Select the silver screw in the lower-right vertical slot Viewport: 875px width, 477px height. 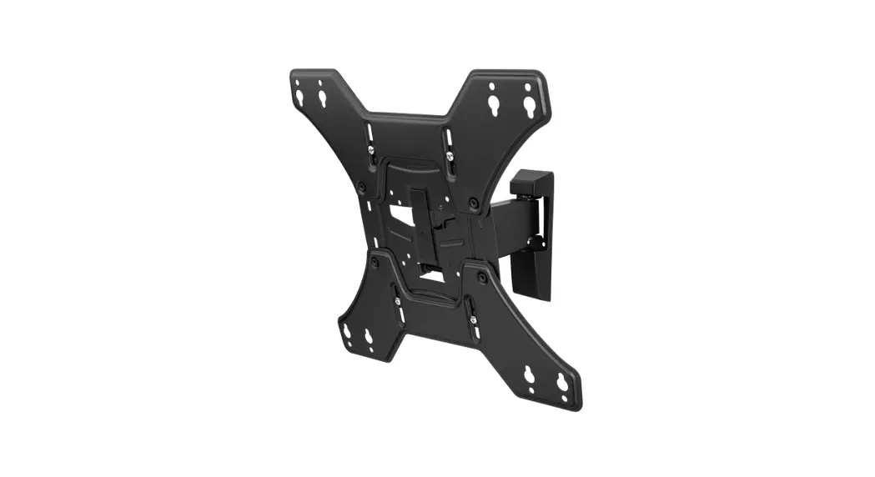tap(473, 318)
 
